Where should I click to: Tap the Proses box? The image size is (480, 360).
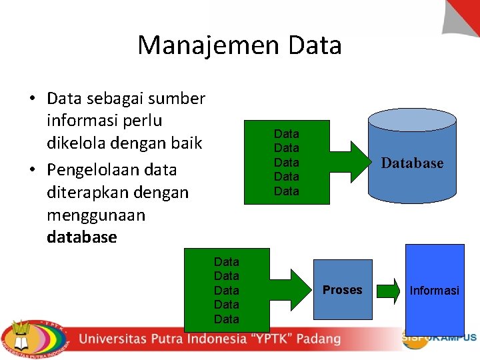click(x=343, y=290)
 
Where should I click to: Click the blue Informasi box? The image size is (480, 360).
click(x=435, y=290)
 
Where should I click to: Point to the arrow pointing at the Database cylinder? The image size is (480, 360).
click(x=347, y=162)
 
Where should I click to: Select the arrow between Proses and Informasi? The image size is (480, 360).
click(x=390, y=291)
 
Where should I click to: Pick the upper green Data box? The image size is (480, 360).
click(x=287, y=162)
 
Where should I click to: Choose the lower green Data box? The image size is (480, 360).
click(x=227, y=290)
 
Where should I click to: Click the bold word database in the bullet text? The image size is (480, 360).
click(x=82, y=237)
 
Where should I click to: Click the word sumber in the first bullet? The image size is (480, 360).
click(x=177, y=99)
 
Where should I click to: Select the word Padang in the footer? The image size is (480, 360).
click(x=319, y=339)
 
